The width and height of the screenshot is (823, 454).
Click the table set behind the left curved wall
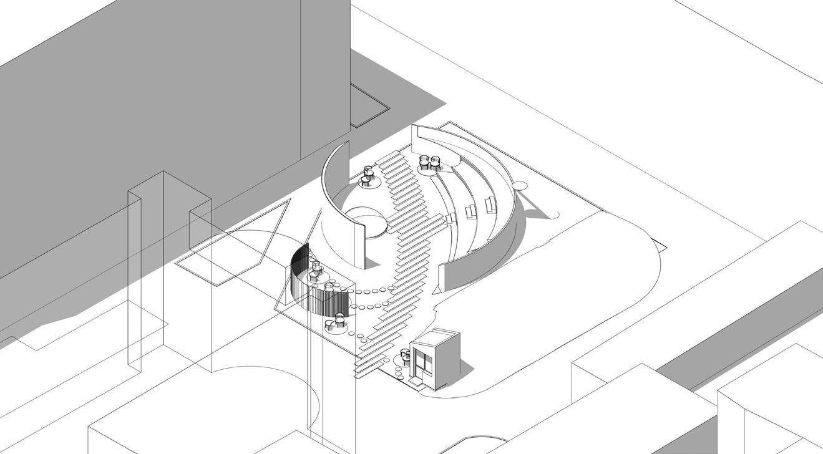pos(368,176)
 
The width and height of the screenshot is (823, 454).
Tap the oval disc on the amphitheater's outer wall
pos(520,185)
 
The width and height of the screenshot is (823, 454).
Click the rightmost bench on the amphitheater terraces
pos(490,204)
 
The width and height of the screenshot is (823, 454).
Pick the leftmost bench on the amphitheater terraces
pos(450,218)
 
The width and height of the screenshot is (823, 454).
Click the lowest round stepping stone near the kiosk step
pos(399,374)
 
